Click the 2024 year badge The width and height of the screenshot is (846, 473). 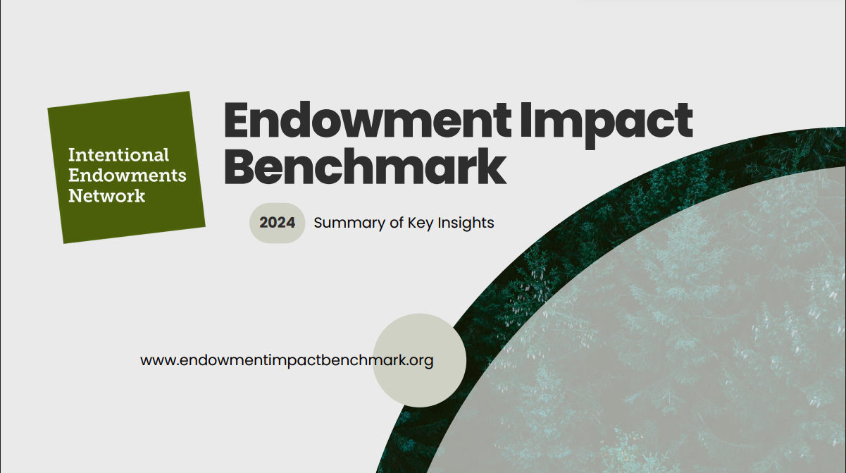pyautogui.click(x=278, y=223)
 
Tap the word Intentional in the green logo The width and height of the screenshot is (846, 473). pyautogui.click(x=118, y=154)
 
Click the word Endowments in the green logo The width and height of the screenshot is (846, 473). pyautogui.click(x=127, y=175)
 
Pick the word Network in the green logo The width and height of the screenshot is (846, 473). pyautogui.click(x=107, y=195)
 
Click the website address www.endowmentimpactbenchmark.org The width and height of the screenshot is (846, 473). pyautogui.click(x=287, y=360)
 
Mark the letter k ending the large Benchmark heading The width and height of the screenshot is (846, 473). pyautogui.click(x=493, y=166)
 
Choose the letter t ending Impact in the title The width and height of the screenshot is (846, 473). pyautogui.click(x=684, y=121)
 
